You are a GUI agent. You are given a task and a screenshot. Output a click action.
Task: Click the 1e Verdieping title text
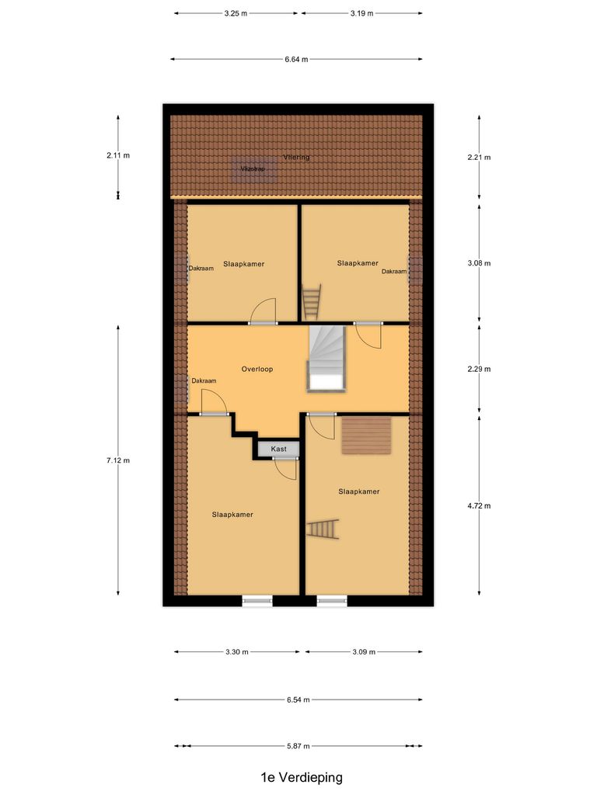click(302, 776)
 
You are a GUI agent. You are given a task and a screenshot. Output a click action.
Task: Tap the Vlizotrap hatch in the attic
click(253, 170)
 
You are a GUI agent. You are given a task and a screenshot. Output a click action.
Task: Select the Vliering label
click(296, 158)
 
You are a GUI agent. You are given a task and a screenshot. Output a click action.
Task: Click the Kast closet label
click(278, 449)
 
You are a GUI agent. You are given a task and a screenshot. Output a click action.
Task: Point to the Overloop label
click(257, 369)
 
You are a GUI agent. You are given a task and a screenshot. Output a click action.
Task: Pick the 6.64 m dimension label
click(296, 59)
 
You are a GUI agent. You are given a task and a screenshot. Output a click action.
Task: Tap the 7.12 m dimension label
click(118, 460)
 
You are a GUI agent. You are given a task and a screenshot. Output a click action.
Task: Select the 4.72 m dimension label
click(479, 505)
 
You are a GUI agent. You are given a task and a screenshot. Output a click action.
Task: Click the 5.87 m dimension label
click(298, 746)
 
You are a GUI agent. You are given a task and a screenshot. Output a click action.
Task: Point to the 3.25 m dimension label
click(236, 13)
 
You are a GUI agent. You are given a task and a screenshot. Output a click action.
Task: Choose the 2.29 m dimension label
click(479, 369)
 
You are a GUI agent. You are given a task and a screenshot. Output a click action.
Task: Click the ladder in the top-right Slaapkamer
click(312, 302)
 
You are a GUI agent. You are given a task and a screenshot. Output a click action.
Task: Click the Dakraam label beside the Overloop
click(204, 380)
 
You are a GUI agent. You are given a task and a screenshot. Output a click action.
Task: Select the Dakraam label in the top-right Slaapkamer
click(393, 272)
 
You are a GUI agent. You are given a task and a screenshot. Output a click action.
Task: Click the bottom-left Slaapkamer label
click(232, 514)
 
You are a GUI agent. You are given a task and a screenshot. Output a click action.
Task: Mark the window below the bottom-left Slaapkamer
click(257, 600)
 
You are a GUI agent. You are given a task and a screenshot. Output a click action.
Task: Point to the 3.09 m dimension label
click(365, 652)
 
